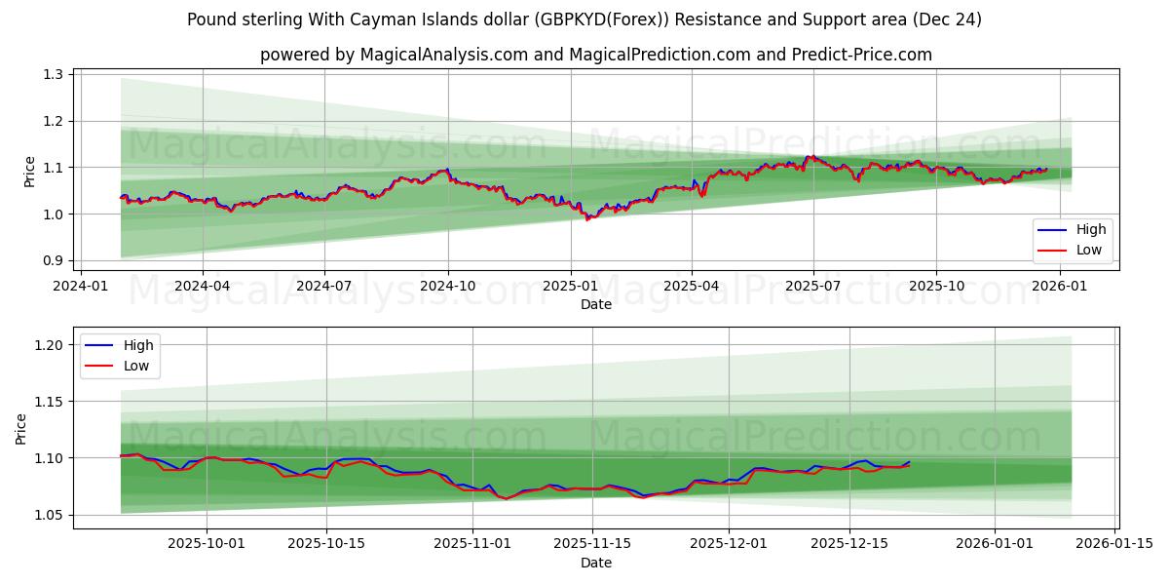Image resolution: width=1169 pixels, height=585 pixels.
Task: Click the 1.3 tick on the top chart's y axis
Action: click(x=54, y=75)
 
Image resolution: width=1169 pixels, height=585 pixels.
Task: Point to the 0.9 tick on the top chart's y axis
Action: click(x=54, y=261)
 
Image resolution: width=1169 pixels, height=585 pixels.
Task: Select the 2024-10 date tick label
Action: click(x=448, y=287)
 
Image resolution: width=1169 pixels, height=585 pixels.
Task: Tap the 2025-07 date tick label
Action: click(x=813, y=287)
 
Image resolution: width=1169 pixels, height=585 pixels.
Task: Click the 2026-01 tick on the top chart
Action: click(x=1058, y=287)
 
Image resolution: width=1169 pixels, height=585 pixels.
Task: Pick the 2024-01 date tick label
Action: click(x=80, y=287)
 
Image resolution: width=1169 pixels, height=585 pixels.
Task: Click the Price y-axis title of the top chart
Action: click(x=29, y=172)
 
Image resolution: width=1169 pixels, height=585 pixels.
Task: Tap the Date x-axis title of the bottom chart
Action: click(x=596, y=563)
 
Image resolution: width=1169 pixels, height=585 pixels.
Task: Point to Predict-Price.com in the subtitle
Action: click(x=864, y=55)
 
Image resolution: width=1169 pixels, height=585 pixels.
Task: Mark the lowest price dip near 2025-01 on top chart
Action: click(x=587, y=219)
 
